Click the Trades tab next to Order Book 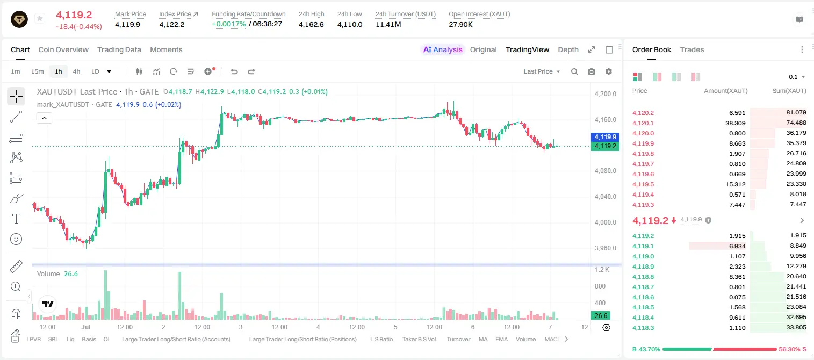click(x=692, y=49)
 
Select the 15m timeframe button click(x=38, y=71)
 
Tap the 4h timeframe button click(x=76, y=71)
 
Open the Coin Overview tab click(x=63, y=49)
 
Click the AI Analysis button click(x=443, y=49)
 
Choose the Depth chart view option click(x=568, y=49)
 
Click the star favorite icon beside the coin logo click(x=40, y=18)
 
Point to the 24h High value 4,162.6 click(x=311, y=24)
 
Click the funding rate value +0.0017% click(x=228, y=24)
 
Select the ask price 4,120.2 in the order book click(x=643, y=113)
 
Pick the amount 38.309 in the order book click(x=735, y=123)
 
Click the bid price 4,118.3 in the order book click(x=643, y=328)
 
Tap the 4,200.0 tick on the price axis click(x=606, y=93)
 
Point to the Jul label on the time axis click(x=86, y=327)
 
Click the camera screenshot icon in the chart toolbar click(x=592, y=71)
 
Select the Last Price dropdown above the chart click(x=542, y=71)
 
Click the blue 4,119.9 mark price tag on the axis click(x=605, y=137)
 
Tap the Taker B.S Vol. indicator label click(x=419, y=339)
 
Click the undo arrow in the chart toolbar click(x=234, y=71)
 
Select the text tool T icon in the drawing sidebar click(x=16, y=219)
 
